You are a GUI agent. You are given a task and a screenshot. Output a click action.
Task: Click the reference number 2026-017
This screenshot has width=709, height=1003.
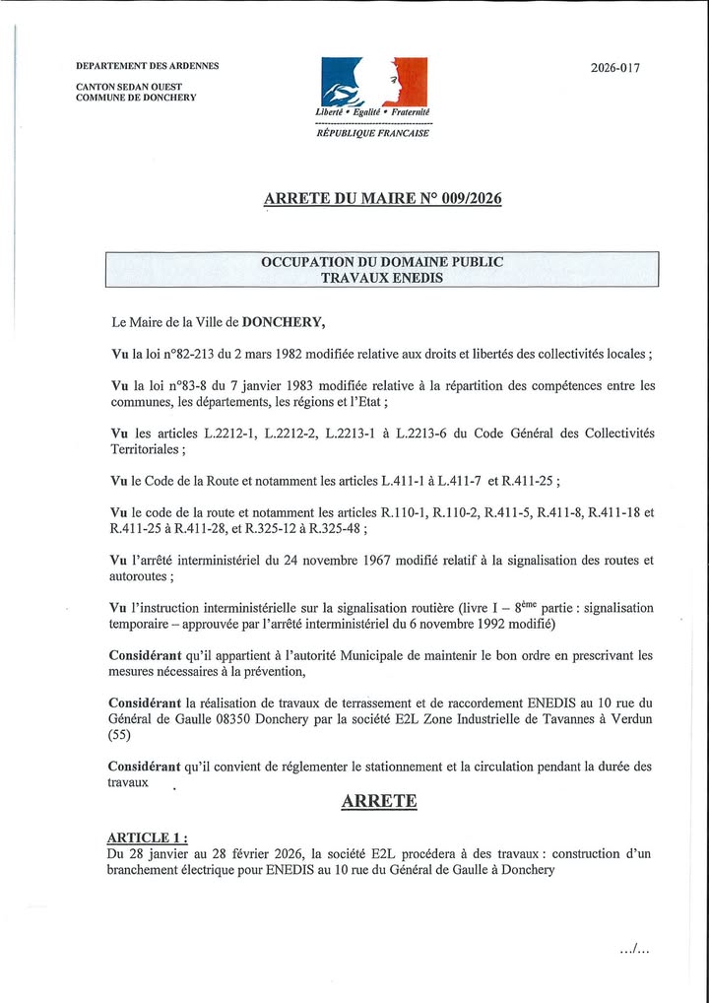coord(614,68)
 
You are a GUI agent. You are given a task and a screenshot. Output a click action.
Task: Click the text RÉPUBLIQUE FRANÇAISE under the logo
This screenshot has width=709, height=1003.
coord(372,133)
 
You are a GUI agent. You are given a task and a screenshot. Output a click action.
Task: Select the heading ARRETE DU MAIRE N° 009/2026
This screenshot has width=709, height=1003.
coord(382,198)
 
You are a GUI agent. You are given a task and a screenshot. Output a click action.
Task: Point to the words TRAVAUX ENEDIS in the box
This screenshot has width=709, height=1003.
coord(382,278)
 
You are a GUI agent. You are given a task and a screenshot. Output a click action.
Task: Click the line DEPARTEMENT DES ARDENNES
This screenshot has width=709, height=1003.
coord(148,66)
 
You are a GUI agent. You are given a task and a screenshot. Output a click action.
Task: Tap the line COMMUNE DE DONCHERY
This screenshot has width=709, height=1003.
coord(136,98)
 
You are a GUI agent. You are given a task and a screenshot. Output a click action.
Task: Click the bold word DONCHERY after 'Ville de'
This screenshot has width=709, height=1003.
coord(283,321)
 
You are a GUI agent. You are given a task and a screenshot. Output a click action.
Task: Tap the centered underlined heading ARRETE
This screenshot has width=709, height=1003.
coord(379,801)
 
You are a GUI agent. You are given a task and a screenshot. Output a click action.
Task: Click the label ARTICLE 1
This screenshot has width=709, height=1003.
coord(146,837)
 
